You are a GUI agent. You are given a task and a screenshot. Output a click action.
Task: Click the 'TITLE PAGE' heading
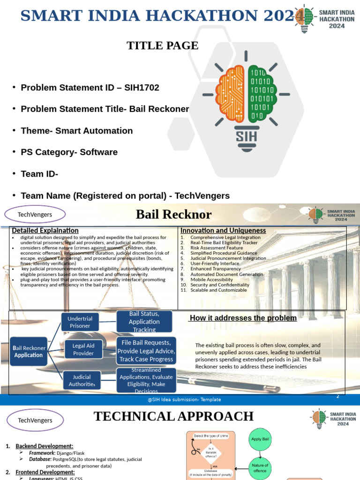[x=163, y=45]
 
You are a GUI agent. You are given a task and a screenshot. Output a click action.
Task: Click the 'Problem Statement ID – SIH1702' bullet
[x=90, y=88]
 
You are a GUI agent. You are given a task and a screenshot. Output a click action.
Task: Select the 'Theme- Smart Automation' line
[x=77, y=131]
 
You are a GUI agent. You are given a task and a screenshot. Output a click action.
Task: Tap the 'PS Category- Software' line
[x=69, y=152]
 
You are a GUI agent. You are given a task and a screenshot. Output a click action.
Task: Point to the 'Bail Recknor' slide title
[x=173, y=215]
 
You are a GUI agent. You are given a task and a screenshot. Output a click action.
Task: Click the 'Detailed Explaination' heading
[x=45, y=231]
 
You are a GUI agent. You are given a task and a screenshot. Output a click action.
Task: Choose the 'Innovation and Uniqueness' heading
[x=223, y=231]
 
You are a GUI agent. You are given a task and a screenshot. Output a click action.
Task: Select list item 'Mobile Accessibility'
[x=212, y=279]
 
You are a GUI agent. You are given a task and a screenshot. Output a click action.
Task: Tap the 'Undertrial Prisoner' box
[x=80, y=322]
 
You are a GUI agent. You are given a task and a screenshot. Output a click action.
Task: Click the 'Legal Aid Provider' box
[x=83, y=349]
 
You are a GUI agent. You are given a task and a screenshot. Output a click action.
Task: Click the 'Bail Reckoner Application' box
[x=29, y=352]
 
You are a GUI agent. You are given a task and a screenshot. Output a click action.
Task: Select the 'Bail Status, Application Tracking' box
[x=144, y=322]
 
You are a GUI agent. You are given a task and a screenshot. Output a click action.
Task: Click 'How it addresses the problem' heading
[x=243, y=318]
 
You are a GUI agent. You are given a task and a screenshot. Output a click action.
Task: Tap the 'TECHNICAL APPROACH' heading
[x=174, y=416]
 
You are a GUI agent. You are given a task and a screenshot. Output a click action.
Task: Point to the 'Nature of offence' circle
[x=260, y=467]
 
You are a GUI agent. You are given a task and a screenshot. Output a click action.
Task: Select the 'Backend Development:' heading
[x=45, y=446]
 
